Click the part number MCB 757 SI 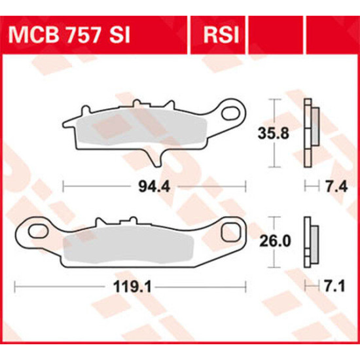coord(69,35)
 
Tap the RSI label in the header coord(221,35)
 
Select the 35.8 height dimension coord(273,134)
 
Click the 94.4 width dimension coord(154,187)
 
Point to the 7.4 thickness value coord(335,187)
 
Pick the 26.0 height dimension coord(275,242)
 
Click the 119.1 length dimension coord(132,287)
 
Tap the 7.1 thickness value coord(334,287)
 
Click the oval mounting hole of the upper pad coord(231,113)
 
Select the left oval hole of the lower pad coord(38,232)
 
